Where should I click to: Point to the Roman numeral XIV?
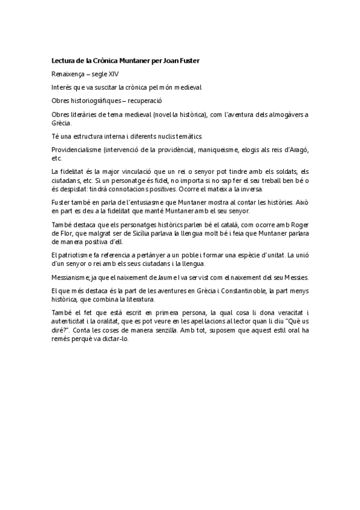pos(112,74)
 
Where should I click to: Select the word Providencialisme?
pos(76,149)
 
